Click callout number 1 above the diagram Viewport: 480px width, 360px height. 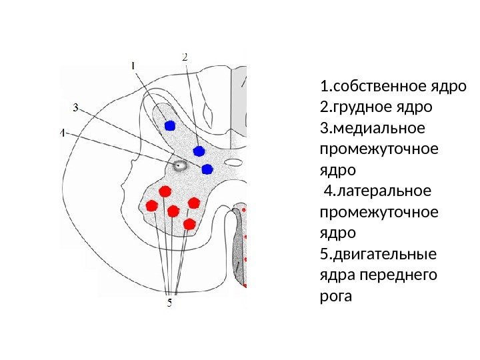[x=133, y=65]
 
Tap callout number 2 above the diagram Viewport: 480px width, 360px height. [x=185, y=57]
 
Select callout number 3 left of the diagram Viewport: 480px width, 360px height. [x=75, y=107]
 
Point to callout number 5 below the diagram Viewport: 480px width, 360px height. [x=169, y=302]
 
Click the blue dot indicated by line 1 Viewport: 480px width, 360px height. [x=169, y=125]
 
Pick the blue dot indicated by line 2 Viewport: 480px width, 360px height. [x=198, y=149]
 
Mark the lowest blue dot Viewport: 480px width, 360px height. [x=207, y=169]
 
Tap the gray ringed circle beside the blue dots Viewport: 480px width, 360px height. [x=179, y=166]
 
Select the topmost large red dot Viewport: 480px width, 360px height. [x=163, y=192]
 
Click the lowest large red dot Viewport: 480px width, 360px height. [x=190, y=223]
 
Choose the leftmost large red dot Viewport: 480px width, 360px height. [x=151, y=206]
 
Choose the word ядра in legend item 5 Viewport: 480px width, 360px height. [x=337, y=274]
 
